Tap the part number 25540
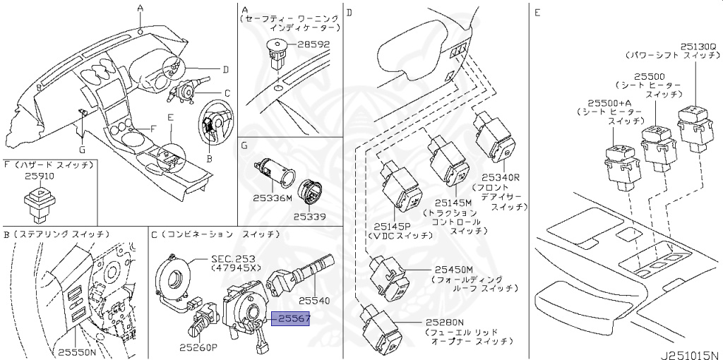[315, 300]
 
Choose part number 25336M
[273, 198]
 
